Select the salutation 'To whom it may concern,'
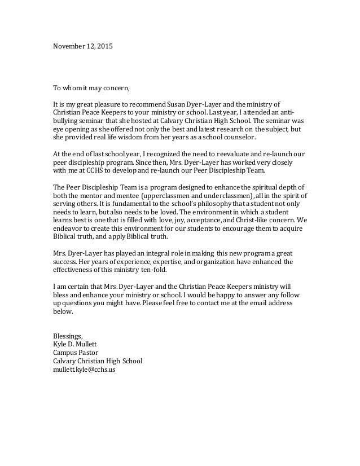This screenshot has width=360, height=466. coord(91,88)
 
